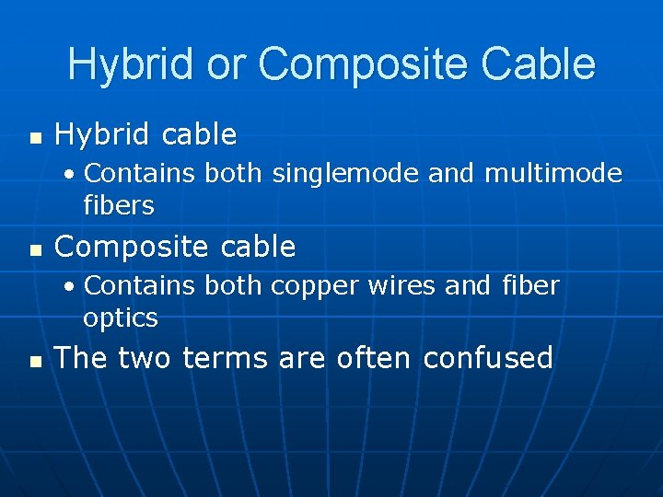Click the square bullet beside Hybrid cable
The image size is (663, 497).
click(x=36, y=138)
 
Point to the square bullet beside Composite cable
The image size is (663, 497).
click(x=36, y=249)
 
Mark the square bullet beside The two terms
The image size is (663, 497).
click(x=36, y=361)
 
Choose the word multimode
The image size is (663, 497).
click(x=553, y=174)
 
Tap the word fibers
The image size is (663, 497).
click(x=119, y=205)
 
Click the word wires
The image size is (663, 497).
click(x=404, y=286)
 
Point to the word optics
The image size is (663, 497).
click(x=121, y=318)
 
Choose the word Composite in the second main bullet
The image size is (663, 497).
click(x=126, y=247)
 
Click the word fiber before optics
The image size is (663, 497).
click(x=531, y=286)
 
